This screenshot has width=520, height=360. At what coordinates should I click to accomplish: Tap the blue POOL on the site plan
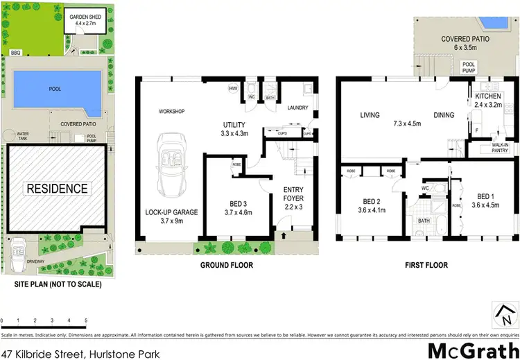55,90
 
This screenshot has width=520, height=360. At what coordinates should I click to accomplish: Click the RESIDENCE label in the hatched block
57,189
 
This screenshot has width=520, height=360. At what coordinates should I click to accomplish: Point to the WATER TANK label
23,135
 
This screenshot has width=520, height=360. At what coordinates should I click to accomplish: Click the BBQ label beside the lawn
15,52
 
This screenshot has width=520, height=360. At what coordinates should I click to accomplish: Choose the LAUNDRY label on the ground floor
297,108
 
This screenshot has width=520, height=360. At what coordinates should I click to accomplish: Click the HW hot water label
233,89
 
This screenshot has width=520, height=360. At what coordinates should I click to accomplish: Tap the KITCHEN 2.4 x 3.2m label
492,103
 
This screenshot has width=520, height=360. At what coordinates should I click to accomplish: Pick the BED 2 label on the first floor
370,205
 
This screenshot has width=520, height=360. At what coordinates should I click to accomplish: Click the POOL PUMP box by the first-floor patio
469,67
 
